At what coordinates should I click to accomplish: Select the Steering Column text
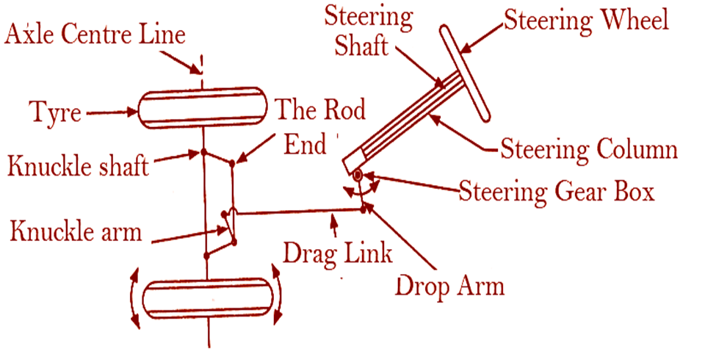pyautogui.click(x=588, y=149)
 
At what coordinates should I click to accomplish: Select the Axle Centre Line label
pyautogui.click(x=95, y=34)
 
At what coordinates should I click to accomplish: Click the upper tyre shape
pyautogui.click(x=203, y=109)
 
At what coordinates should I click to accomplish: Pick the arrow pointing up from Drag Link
pyautogui.click(x=336, y=225)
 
